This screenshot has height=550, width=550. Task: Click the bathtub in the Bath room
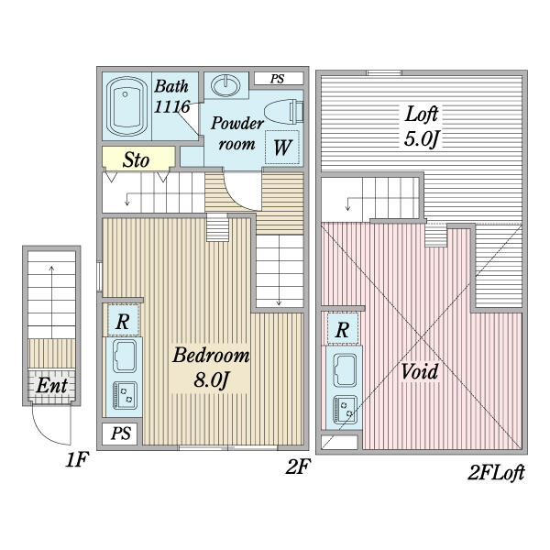click(x=126, y=106)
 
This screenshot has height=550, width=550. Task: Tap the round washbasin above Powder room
click(x=226, y=85)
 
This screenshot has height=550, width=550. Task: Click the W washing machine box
click(x=282, y=148)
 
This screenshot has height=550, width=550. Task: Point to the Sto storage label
click(x=136, y=159)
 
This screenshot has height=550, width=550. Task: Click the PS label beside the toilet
click(x=277, y=79)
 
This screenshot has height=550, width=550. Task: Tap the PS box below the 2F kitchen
click(x=121, y=434)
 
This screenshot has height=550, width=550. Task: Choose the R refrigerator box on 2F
click(x=123, y=321)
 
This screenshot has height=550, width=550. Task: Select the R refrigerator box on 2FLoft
click(x=343, y=329)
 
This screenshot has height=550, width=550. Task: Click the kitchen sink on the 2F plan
click(x=126, y=356)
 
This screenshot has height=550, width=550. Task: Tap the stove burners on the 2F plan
click(x=125, y=395)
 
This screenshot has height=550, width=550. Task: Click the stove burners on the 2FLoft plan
click(x=346, y=410)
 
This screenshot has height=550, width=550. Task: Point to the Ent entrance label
click(x=52, y=385)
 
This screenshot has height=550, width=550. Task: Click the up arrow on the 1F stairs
click(x=51, y=302)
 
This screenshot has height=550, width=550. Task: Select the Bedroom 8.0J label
click(x=211, y=367)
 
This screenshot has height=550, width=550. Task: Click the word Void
click(x=420, y=371)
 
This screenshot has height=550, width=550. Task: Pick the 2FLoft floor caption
click(x=496, y=472)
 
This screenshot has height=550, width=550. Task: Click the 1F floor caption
click(x=77, y=459)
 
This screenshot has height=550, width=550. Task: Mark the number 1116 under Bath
click(x=172, y=106)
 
